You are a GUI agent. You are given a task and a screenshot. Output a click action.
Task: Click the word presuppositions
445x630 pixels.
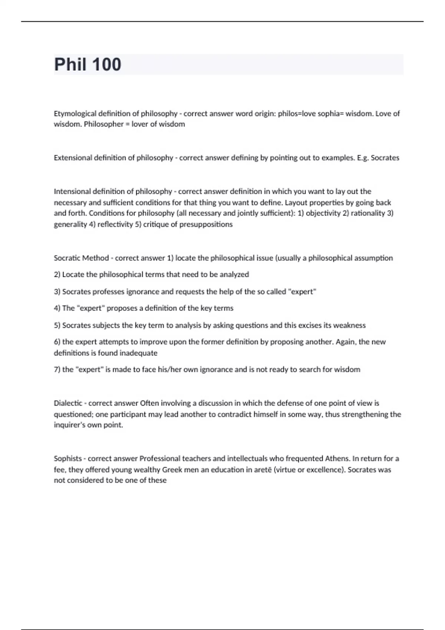pyautogui.click(x=206, y=224)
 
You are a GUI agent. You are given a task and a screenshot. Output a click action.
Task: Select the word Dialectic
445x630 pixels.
pyautogui.click(x=68, y=403)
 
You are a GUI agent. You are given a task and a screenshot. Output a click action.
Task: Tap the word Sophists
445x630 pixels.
pyautogui.click(x=67, y=458)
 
